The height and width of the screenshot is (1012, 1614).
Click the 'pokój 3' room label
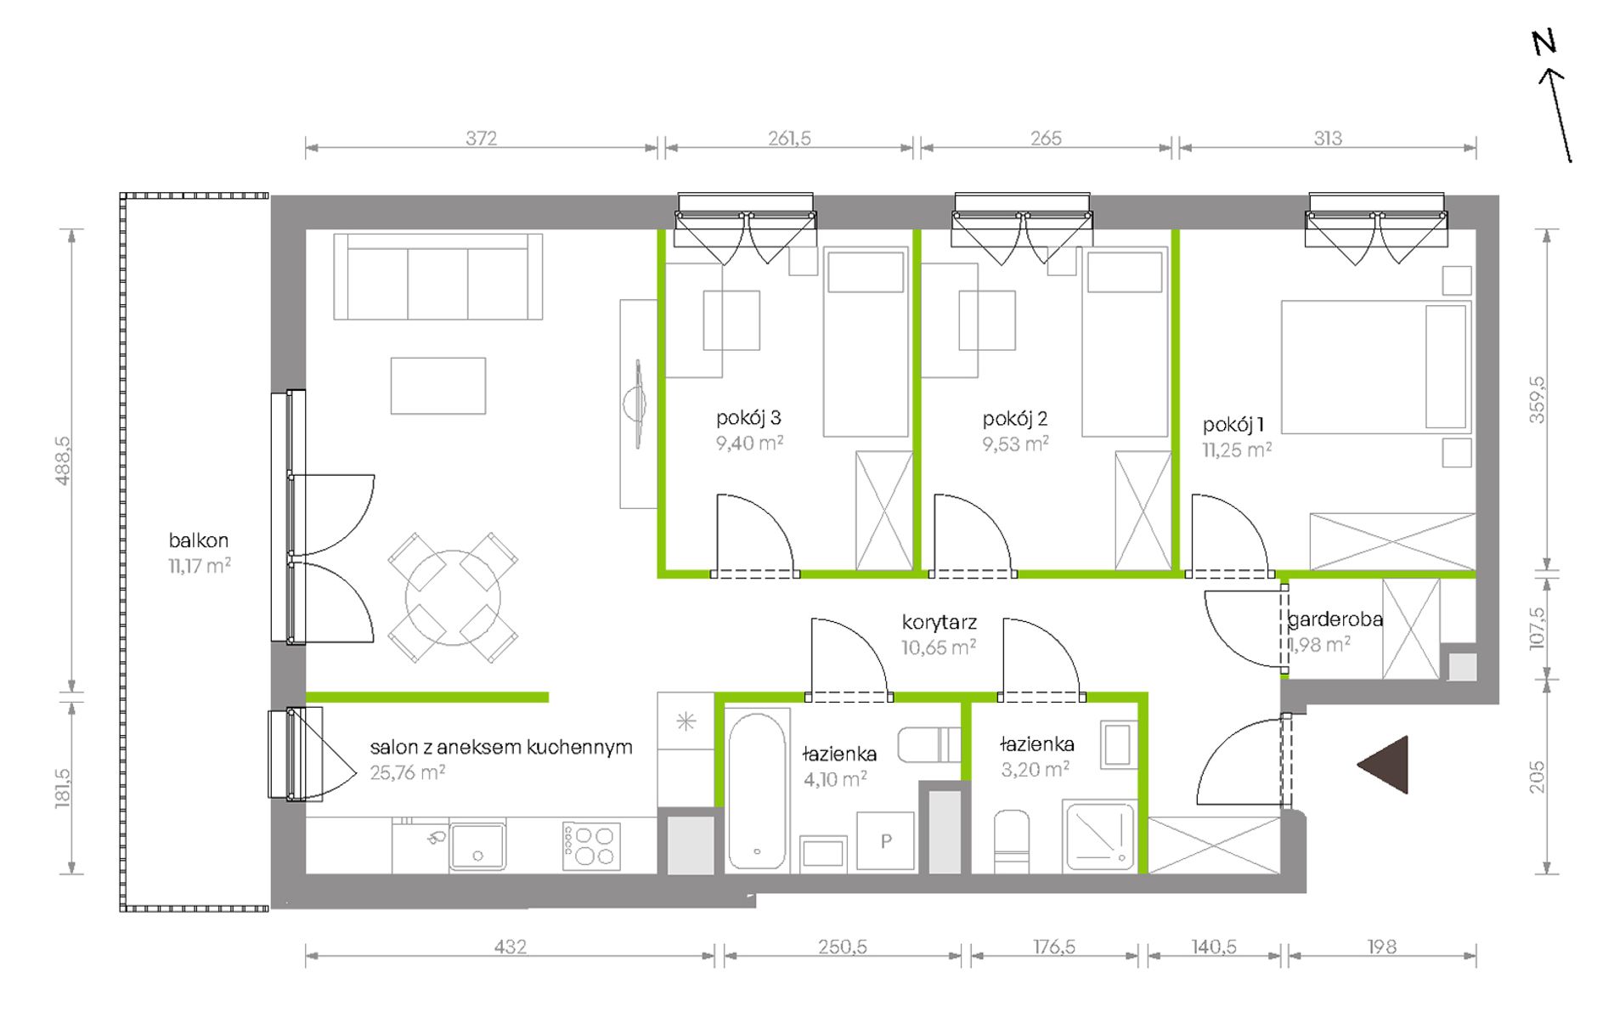(748, 418)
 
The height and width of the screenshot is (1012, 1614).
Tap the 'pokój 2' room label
(1014, 419)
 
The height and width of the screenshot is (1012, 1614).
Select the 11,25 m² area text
(1237, 450)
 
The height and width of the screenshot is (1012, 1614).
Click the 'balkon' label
(198, 540)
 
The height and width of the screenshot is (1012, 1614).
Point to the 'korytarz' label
(939, 622)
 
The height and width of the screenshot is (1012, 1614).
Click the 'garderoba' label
(1335, 619)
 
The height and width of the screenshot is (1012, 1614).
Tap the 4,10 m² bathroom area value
(835, 779)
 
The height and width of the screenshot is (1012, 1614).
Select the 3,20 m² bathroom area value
(1035, 770)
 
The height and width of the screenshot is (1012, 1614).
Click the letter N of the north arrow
(1543, 42)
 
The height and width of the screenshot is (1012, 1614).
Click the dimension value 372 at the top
(481, 138)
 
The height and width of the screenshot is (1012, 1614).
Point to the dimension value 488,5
(63, 461)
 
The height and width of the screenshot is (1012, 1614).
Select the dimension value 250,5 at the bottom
(843, 947)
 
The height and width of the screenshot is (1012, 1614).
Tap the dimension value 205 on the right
(1538, 777)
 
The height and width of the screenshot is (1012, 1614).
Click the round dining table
(453, 597)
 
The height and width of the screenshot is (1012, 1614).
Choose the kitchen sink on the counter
(477, 845)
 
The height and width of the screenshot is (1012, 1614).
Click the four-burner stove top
(591, 846)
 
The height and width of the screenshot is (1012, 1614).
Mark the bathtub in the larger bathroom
(757, 790)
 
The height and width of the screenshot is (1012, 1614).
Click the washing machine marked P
(885, 841)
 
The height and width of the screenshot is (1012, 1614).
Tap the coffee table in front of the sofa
(438, 386)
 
